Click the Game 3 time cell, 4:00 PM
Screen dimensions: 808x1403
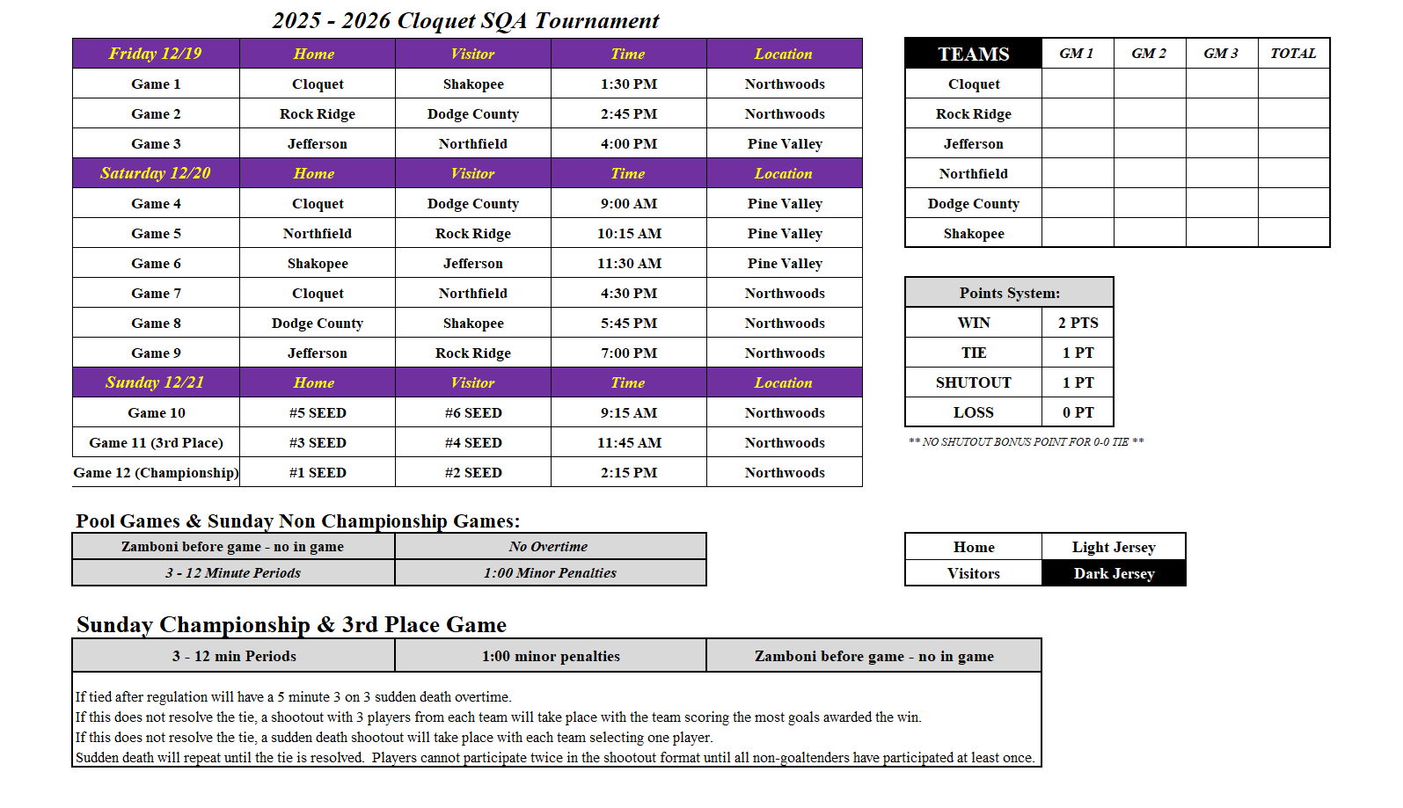tap(629, 143)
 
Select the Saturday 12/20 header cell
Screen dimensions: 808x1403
tap(156, 173)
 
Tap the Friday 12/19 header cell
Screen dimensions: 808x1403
tap(156, 54)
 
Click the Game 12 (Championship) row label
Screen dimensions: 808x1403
tap(156, 472)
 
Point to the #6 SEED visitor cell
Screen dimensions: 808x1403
tap(473, 412)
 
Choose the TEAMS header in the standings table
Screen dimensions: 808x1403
tap(973, 54)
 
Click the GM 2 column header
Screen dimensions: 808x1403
tap(1149, 54)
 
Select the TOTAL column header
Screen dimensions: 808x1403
tap(1293, 54)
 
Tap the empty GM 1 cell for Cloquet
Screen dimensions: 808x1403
tap(1078, 84)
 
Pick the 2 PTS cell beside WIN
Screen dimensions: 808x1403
tap(1078, 323)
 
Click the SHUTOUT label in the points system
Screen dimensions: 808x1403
tap(973, 382)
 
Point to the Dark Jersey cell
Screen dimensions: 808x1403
tap(1114, 573)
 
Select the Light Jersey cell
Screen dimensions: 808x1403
tap(1114, 547)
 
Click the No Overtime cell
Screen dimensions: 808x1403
tap(549, 546)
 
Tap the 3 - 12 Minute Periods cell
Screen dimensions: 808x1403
tap(233, 572)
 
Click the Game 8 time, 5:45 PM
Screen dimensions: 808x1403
tap(629, 323)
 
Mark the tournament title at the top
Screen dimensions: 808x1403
tap(465, 20)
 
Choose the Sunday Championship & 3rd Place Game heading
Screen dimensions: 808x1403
tap(291, 624)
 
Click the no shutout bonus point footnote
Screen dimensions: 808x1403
tap(1026, 441)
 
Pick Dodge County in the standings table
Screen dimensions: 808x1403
tap(973, 203)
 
